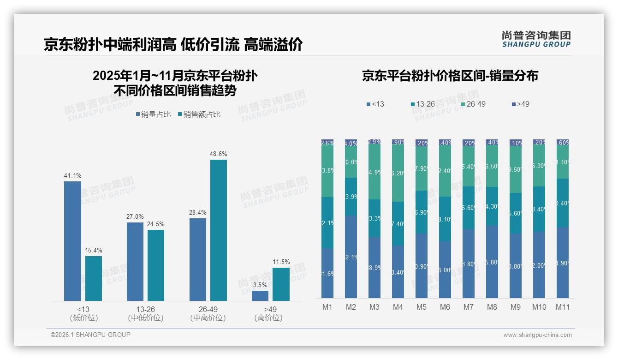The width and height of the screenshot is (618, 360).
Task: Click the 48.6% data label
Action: (x=219, y=154)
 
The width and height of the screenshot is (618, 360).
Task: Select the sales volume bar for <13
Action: (x=72, y=241)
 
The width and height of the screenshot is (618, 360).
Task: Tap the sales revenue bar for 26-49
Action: (x=219, y=230)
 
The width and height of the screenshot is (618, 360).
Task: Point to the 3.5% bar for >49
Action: (x=260, y=296)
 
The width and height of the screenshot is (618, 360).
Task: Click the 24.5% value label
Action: (x=156, y=224)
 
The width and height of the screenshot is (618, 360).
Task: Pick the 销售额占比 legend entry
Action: (x=199, y=114)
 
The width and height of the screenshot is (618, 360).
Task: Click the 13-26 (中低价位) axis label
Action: (x=145, y=313)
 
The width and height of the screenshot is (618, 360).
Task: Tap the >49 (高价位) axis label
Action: (x=268, y=313)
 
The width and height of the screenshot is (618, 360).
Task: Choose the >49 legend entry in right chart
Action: (x=521, y=104)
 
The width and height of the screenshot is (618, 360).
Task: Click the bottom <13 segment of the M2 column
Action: (x=351, y=257)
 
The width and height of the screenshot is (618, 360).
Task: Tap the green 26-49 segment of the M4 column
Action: (x=398, y=173)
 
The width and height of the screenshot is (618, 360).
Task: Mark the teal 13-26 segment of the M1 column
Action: (x=327, y=222)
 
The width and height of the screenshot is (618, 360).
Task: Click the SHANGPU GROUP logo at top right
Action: (x=536, y=39)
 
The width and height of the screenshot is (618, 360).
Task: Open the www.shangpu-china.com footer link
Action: (x=537, y=335)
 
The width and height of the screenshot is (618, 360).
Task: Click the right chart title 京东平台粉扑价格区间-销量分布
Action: (x=450, y=76)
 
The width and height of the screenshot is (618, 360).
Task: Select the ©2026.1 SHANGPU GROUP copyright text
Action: (x=90, y=335)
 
